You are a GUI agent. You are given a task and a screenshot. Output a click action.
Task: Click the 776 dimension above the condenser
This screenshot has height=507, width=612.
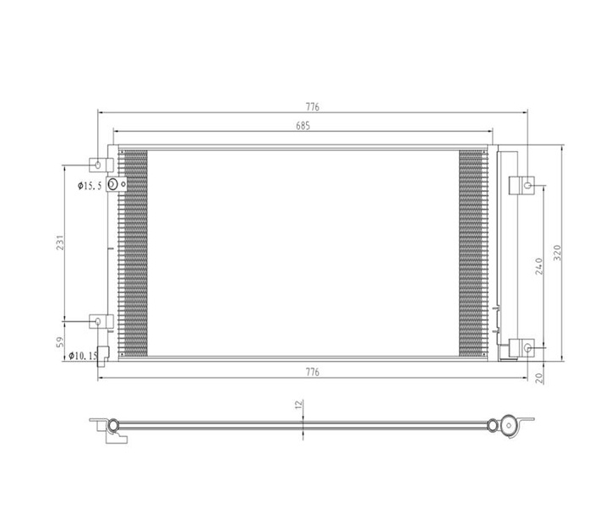pyautogui.click(x=312, y=106)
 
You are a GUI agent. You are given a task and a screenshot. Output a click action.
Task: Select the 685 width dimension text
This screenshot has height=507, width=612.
pyautogui.click(x=303, y=126)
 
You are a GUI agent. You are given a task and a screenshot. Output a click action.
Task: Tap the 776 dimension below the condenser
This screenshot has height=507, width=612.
pyautogui.click(x=312, y=372)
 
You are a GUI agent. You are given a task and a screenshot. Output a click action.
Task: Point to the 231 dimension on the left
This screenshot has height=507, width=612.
pyautogui.click(x=60, y=243)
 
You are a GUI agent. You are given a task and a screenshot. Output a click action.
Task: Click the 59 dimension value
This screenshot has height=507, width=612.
pyautogui.click(x=60, y=342)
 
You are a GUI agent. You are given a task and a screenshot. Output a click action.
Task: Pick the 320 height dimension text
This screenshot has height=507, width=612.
pyautogui.click(x=557, y=253)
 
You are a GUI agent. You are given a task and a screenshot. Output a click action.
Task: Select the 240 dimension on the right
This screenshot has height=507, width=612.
pyautogui.click(x=539, y=266)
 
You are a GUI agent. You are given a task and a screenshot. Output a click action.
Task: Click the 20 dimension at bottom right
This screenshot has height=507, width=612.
pyautogui.click(x=539, y=378)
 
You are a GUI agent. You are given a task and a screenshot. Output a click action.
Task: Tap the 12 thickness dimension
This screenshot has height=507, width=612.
pyautogui.click(x=298, y=405)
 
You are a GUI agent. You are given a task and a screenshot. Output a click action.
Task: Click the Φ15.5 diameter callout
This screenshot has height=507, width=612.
pyautogui.click(x=90, y=186)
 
